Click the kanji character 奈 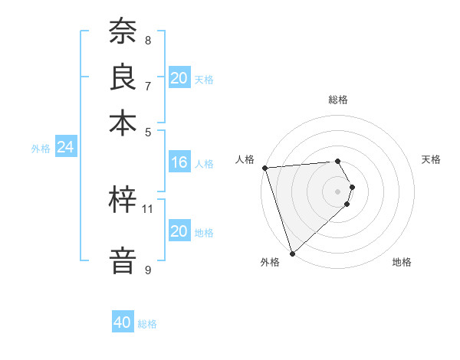coord(123,32)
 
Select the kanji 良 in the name coord(123,77)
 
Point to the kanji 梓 coord(123,201)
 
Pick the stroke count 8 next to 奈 coord(148,40)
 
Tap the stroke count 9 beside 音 coord(148,270)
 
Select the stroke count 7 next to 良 coord(148,85)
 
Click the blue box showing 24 coord(65,148)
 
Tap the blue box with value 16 coord(179,162)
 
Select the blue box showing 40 coord(123,323)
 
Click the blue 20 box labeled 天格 coord(179,78)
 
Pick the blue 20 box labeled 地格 coord(179,232)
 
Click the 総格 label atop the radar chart coord(338,100)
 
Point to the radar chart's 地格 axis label coord(402,262)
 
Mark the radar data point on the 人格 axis coord(264,168)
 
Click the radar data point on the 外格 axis coord(293,253)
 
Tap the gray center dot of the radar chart coord(338,191)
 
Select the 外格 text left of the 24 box coord(40,149)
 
